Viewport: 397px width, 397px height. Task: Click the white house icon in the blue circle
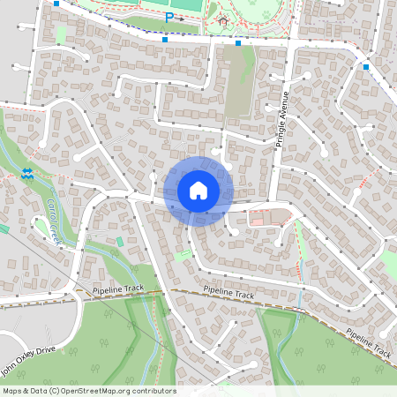[x=198, y=190]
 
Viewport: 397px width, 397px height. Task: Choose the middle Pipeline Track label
[x=228, y=294]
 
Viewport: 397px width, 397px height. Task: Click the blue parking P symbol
[x=169, y=17]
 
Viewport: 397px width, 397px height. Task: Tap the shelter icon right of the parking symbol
[x=222, y=19]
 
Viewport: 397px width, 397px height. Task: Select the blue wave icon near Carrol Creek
[x=27, y=174]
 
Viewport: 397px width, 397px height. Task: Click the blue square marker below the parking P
[x=165, y=39]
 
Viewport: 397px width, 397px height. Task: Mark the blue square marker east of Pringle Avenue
[x=365, y=66]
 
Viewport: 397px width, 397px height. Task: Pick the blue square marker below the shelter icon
[x=238, y=42]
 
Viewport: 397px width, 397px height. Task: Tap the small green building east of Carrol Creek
[x=120, y=241]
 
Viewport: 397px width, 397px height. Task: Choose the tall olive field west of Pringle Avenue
[x=238, y=84]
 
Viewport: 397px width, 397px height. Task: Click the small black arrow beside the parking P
[x=181, y=18]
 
